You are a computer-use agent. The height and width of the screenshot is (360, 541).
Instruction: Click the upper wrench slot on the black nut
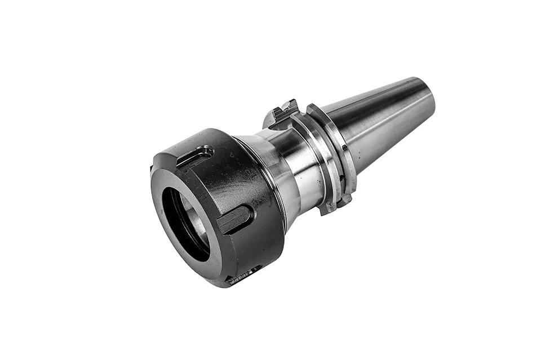click(x=194, y=157)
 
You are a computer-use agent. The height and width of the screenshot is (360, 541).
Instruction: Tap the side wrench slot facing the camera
click(x=236, y=219)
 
